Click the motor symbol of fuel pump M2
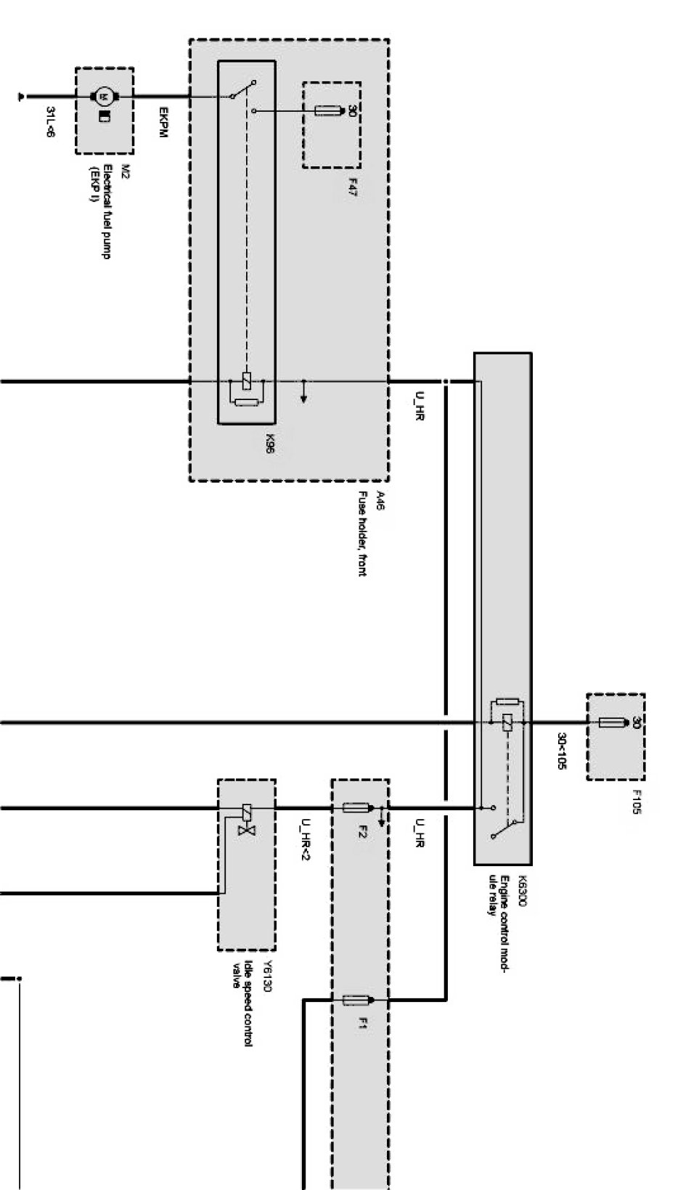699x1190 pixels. (x=103, y=96)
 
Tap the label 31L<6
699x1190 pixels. (x=51, y=121)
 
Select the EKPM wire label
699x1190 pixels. (x=163, y=123)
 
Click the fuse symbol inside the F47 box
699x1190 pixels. (x=329, y=111)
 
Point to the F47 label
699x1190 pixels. (x=352, y=188)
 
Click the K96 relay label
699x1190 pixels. (x=269, y=443)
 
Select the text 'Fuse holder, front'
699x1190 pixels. (x=361, y=534)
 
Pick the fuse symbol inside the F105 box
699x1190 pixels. (x=613, y=722)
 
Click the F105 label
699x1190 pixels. (x=637, y=802)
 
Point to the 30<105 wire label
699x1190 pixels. (x=561, y=750)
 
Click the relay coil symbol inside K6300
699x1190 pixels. (x=507, y=722)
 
